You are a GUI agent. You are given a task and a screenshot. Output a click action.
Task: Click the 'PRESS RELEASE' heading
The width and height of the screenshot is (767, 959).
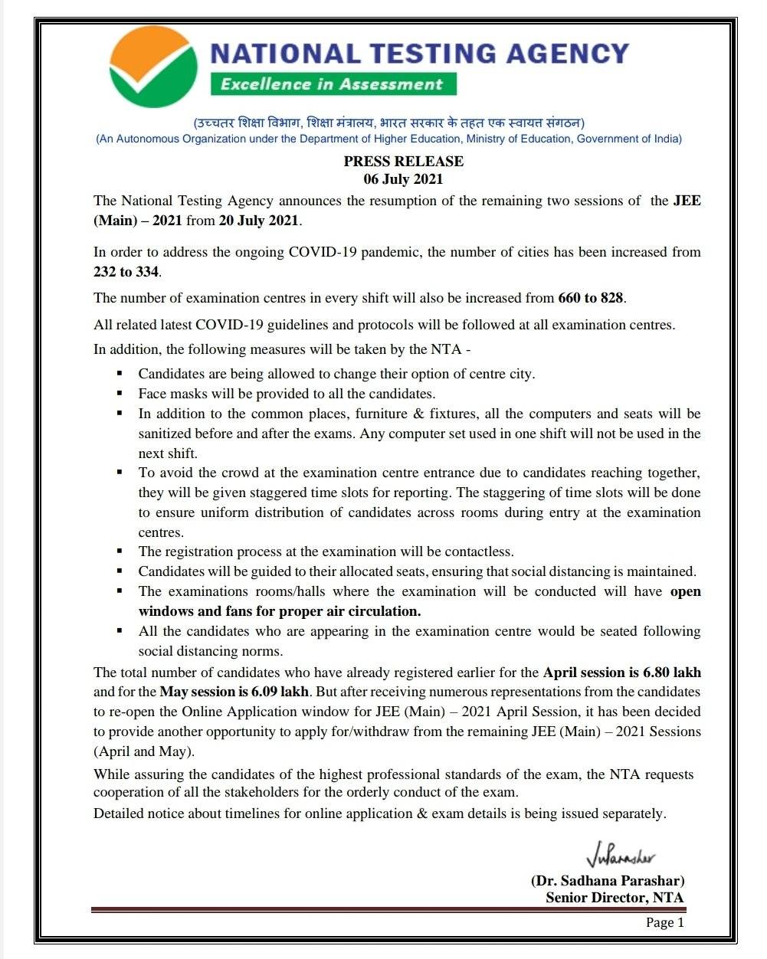(403, 161)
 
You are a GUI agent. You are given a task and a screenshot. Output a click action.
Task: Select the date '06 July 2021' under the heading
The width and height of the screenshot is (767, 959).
(403, 179)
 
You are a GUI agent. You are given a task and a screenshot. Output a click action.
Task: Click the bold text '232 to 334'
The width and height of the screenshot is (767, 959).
(126, 271)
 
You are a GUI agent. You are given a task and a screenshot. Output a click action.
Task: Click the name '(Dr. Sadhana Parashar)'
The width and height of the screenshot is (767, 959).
(607, 881)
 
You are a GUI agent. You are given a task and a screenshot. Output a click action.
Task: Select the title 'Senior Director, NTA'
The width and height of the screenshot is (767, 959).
(615, 898)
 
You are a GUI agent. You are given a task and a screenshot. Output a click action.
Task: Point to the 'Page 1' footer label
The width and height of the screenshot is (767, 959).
(664, 922)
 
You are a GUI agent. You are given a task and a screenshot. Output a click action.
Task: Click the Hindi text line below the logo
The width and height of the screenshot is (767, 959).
(388, 123)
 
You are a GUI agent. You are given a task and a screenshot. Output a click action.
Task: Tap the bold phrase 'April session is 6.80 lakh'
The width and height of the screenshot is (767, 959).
(621, 673)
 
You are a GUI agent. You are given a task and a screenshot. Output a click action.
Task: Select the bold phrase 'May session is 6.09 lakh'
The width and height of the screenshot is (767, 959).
(234, 692)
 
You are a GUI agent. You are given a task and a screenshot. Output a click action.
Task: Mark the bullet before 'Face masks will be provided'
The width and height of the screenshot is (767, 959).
(120, 394)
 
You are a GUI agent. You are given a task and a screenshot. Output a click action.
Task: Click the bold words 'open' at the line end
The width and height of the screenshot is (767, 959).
(685, 591)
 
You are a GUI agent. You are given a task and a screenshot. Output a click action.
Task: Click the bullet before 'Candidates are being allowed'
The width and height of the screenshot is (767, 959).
(120, 374)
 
